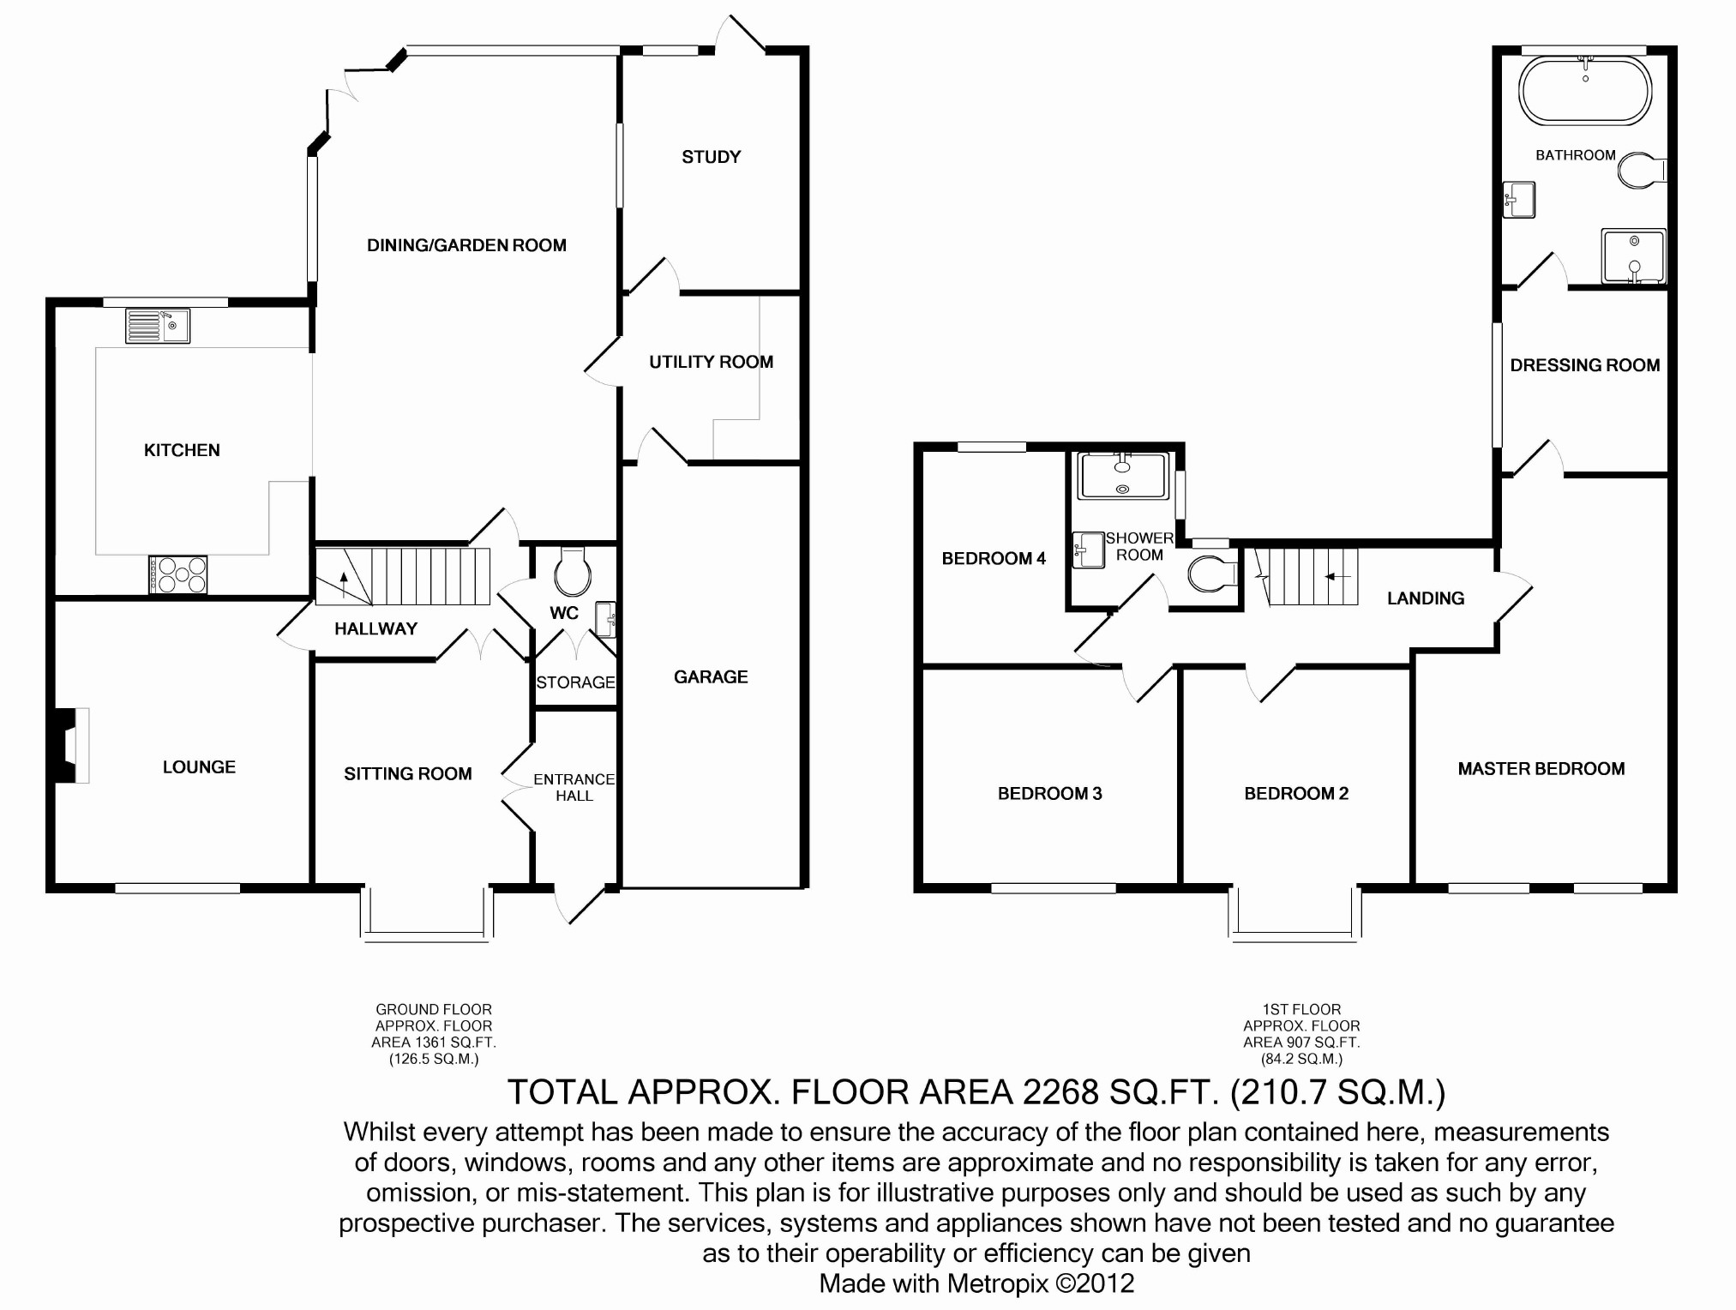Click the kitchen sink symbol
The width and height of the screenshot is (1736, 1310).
158,326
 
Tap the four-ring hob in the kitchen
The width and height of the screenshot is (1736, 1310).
178,574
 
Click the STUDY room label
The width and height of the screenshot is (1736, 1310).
711,157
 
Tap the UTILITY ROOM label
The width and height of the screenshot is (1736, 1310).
711,362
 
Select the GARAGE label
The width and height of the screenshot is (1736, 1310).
711,677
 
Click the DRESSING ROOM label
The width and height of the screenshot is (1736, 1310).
1585,365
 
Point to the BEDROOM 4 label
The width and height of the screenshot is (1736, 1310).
994,559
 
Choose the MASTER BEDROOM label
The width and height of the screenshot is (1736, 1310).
1541,769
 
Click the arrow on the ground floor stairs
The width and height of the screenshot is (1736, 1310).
345,584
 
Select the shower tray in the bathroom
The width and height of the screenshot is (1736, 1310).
1633,255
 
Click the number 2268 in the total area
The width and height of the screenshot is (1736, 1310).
1060,1092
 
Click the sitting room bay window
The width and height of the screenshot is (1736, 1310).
427,914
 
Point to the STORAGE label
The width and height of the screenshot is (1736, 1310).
576,682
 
